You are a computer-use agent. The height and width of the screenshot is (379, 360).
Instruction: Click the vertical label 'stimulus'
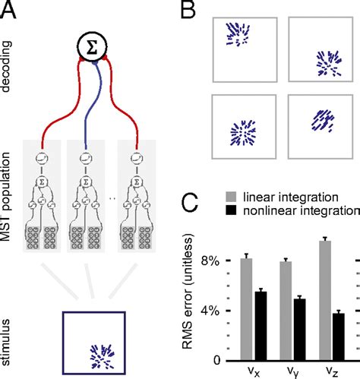pyautogui.click(x=9, y=337)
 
